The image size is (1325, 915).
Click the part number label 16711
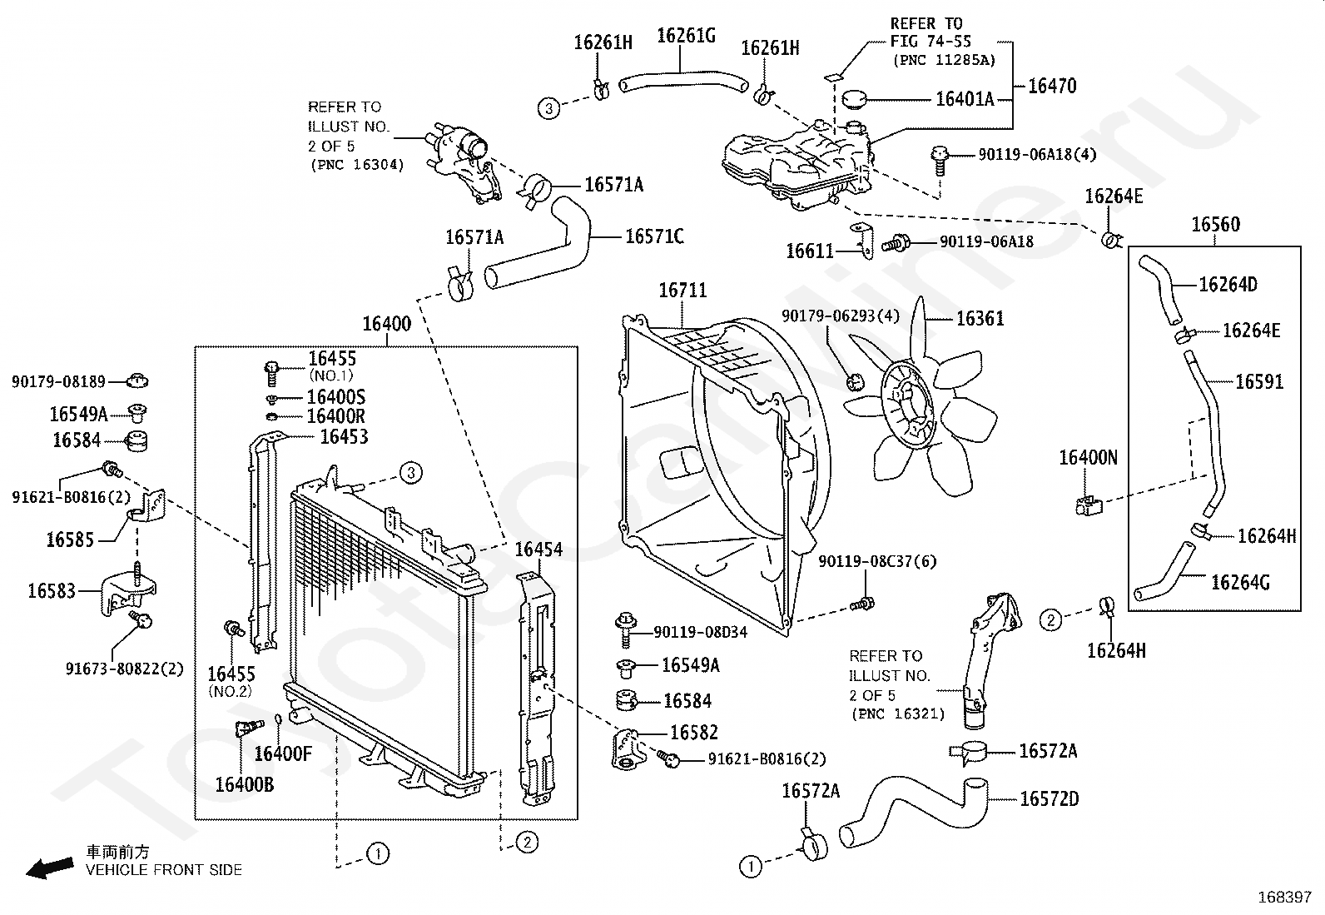pos(682,291)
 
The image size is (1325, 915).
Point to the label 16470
pos(1052,86)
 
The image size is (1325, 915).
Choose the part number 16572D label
pos(1049,799)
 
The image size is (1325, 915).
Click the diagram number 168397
pos(1283,898)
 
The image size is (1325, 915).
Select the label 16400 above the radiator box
pos(386,324)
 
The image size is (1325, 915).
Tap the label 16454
pos(538,549)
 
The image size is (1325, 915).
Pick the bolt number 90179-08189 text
pos(58,382)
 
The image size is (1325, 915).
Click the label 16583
pos(52,591)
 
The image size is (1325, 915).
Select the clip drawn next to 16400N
pos(1086,504)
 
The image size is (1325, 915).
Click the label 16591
pos(1259,382)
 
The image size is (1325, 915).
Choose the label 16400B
pos(244,785)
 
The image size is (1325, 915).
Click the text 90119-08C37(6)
pos(876,561)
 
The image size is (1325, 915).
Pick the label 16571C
pos(654,236)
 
